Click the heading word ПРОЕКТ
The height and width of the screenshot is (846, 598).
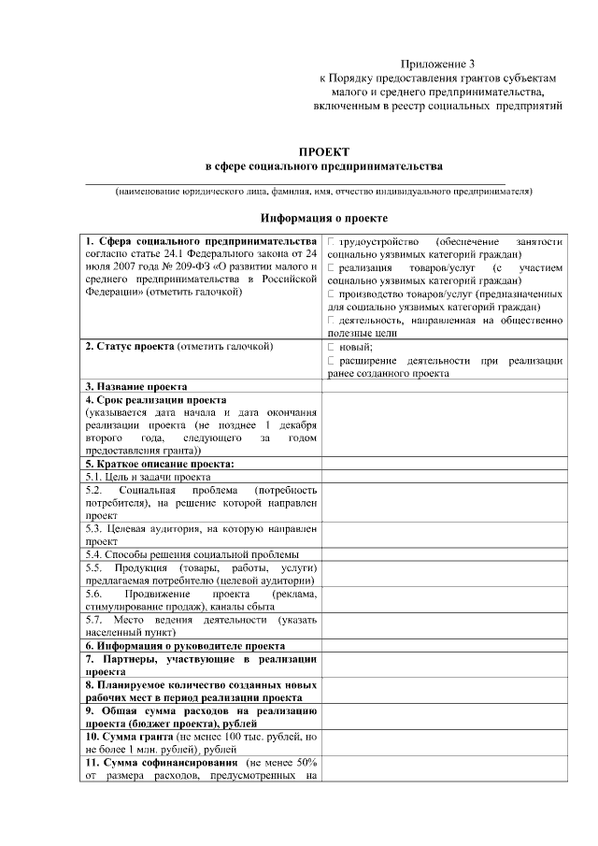point(323,151)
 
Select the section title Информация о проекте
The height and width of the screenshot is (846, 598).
point(324,218)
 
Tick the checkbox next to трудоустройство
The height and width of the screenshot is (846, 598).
point(332,242)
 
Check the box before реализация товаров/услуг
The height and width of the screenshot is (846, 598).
point(332,268)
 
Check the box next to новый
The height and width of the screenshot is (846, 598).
point(332,347)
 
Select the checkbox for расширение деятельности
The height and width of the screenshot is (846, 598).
point(332,360)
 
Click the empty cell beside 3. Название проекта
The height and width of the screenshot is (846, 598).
point(444,386)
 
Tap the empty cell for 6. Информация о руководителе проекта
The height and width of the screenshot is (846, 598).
point(444,646)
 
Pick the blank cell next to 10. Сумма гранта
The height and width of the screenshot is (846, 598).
point(444,743)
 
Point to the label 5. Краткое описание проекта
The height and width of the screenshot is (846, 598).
point(159,464)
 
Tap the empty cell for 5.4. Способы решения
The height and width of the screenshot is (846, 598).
point(444,554)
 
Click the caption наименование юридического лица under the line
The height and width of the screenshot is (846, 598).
point(323,192)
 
